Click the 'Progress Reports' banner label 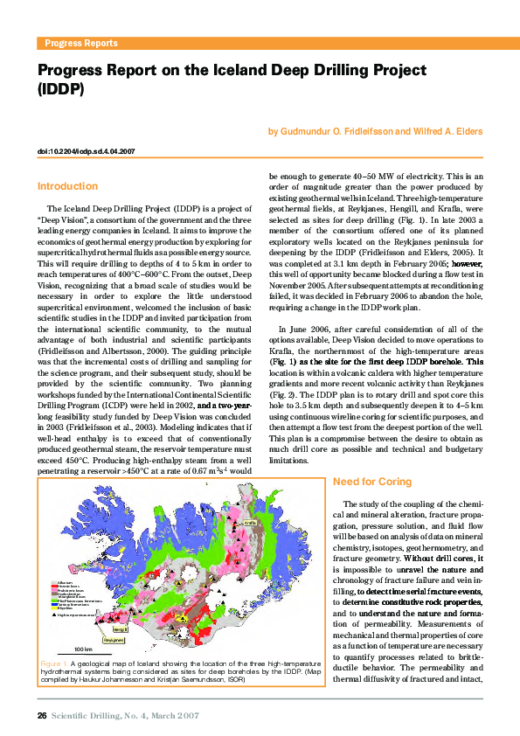80,43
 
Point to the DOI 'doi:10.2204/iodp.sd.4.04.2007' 86,151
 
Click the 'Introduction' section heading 67,186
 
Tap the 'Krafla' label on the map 248,523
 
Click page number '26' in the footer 41,716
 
